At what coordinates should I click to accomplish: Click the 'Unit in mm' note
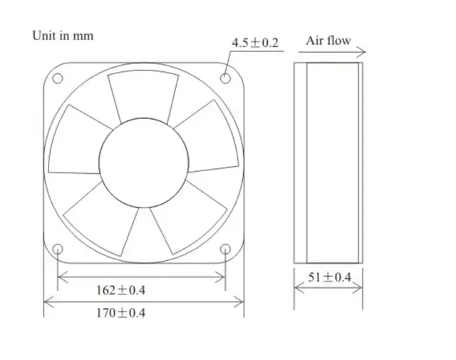(x=63, y=36)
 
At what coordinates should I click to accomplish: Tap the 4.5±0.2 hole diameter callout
(x=255, y=43)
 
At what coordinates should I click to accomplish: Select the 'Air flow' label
(x=328, y=41)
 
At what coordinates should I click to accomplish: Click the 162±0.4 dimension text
(x=120, y=290)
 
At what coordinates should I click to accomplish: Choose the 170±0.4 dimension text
(x=120, y=313)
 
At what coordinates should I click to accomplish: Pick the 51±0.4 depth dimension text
(x=329, y=277)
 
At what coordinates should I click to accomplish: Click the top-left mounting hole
(x=58, y=78)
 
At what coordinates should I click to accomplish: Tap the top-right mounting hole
(x=225, y=78)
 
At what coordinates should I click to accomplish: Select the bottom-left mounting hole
(x=58, y=249)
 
